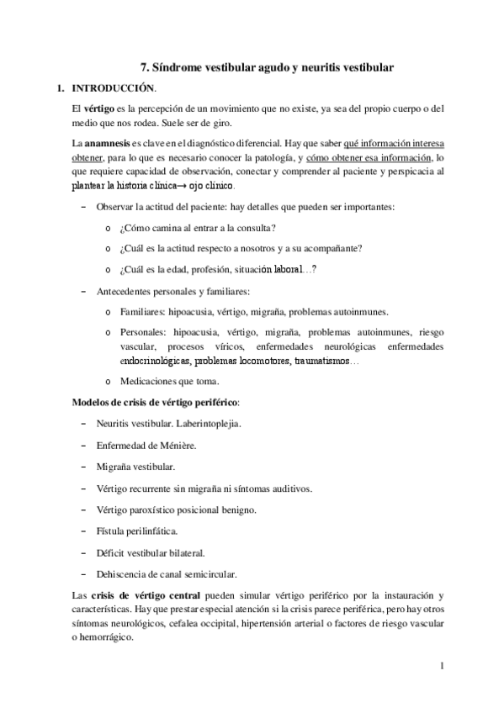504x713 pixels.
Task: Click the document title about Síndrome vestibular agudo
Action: pyautogui.click(x=268, y=66)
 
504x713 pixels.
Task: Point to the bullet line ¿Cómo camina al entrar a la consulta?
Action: pyautogui.click(x=198, y=228)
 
